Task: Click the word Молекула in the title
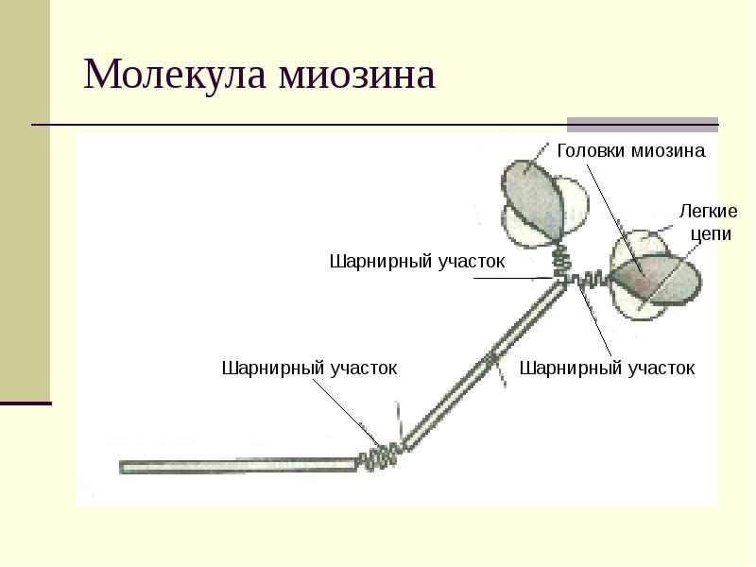[x=174, y=75]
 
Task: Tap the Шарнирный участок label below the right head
[x=608, y=368]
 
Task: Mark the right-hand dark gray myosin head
[x=641, y=276]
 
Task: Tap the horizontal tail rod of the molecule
[x=236, y=465]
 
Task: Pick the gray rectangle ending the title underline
[x=643, y=124]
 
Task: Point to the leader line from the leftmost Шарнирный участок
[x=350, y=411]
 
